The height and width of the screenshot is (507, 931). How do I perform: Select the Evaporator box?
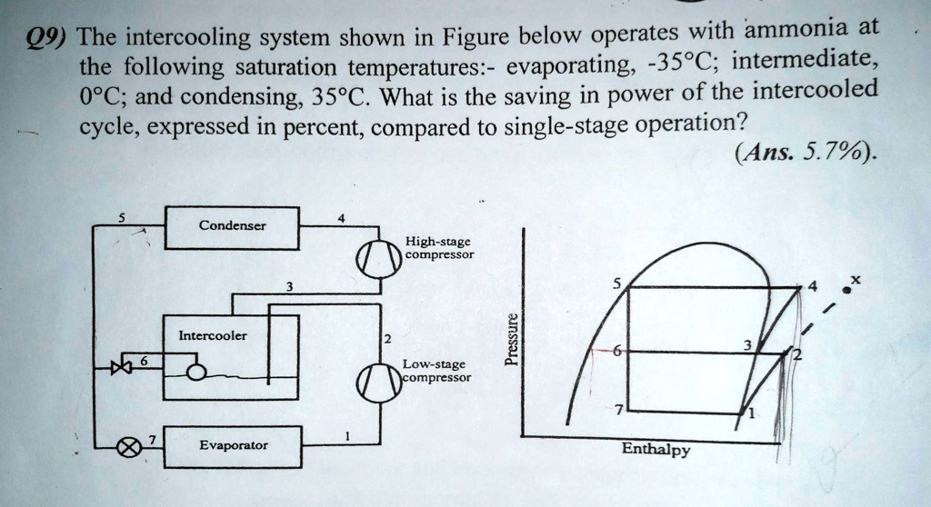tap(233, 446)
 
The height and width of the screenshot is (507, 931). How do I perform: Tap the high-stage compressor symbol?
tap(378, 257)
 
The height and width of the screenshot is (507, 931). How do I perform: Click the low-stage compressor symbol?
tap(378, 381)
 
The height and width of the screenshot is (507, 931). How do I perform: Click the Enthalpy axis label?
tap(656, 450)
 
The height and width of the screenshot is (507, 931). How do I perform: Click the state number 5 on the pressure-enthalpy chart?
tap(617, 283)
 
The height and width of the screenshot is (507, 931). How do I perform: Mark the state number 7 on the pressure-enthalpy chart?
tap(617, 411)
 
